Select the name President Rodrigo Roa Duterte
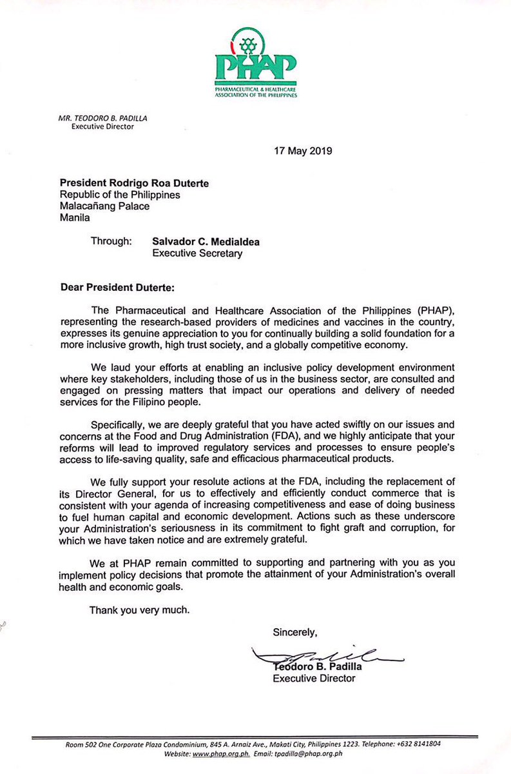point(134,183)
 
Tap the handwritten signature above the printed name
point(329,657)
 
